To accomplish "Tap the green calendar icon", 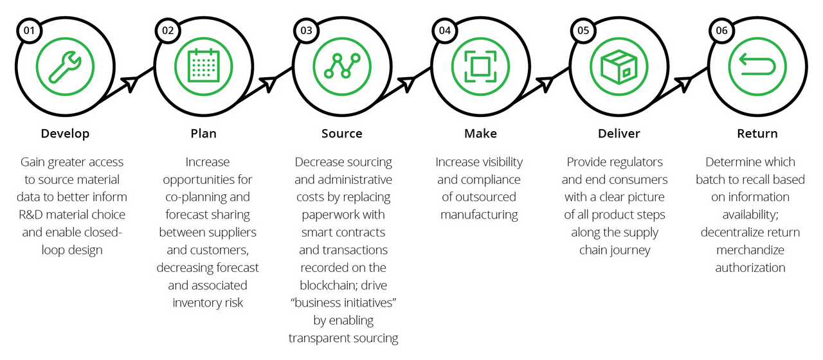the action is (204, 66).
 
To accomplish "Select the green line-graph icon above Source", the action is (342, 66).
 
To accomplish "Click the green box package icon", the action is (619, 67).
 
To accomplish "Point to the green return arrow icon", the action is (757, 64).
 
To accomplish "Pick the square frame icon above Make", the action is (480, 66).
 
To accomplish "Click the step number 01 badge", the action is (30, 30).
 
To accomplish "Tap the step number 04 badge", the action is (444, 30).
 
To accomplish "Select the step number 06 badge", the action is (721, 30).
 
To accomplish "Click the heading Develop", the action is (65, 134).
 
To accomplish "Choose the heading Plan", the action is (204, 133).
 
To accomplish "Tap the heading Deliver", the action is (619, 133).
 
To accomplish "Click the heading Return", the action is (757, 133).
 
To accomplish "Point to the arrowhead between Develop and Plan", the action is (130, 84).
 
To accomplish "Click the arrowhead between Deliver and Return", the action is (683, 84).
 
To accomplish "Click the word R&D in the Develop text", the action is (31, 215).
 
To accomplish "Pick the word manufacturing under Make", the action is (479, 215).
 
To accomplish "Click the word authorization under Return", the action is (750, 268).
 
